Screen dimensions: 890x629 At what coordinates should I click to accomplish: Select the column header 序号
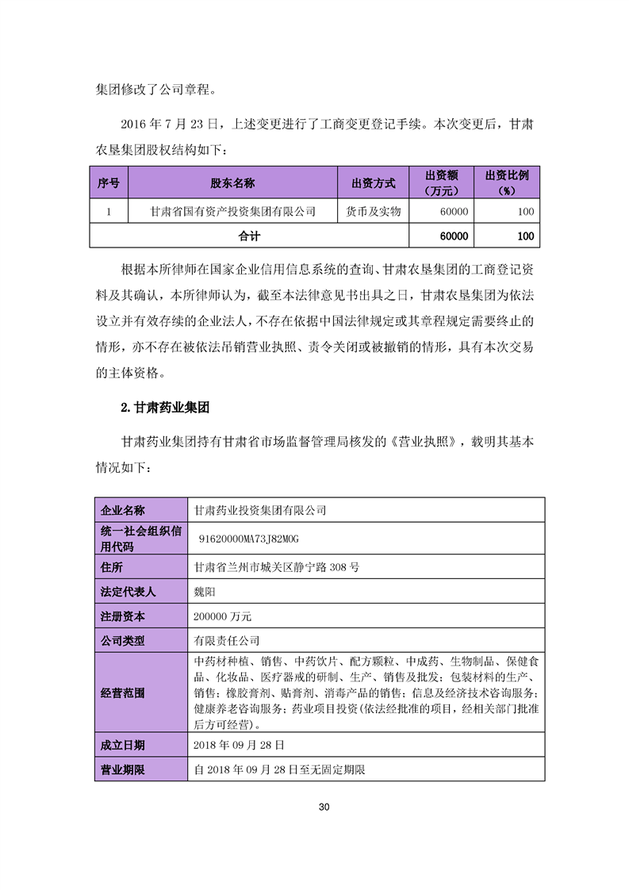(109, 183)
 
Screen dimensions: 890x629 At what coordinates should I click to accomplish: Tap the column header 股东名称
(232, 183)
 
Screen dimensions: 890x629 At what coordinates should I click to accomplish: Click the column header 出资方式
(373, 183)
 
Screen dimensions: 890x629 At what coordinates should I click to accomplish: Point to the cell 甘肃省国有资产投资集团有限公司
(232, 212)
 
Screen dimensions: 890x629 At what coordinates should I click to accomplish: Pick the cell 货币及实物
(373, 212)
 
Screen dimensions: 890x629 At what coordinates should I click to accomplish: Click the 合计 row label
(249, 236)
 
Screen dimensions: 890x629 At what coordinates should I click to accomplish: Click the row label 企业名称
(122, 510)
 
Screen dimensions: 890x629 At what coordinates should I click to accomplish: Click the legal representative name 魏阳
(205, 592)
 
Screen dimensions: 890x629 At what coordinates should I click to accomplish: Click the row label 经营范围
(122, 692)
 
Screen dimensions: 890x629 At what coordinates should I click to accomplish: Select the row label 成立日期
(122, 745)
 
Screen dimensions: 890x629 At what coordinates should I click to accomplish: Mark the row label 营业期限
(122, 769)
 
